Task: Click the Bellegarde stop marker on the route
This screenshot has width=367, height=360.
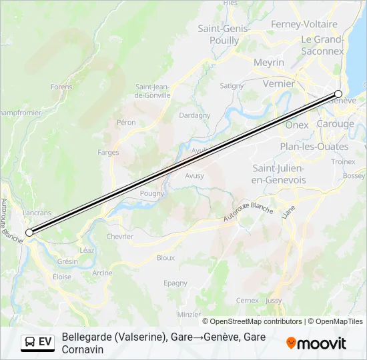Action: (x=29, y=232)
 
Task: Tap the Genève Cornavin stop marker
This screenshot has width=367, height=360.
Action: (x=338, y=94)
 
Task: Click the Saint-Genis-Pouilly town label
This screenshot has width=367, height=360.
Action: (x=224, y=34)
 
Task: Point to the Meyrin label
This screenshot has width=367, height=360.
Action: (x=269, y=62)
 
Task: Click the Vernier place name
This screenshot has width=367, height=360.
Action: (x=279, y=83)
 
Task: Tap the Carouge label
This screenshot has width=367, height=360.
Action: (x=336, y=124)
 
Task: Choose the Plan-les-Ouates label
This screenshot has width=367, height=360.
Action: (x=314, y=147)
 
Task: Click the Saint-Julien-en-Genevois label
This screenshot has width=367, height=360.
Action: (x=279, y=174)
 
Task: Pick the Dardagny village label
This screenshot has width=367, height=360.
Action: (x=195, y=115)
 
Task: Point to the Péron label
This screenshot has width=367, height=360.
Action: (x=126, y=122)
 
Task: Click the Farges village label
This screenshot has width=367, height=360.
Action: (x=108, y=152)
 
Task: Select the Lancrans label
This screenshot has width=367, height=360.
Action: (x=37, y=213)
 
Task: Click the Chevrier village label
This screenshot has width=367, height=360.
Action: (x=120, y=236)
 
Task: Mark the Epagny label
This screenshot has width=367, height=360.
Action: (x=175, y=283)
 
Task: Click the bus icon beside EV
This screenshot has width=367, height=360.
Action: (x=30, y=342)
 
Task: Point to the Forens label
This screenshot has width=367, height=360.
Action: (x=61, y=87)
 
